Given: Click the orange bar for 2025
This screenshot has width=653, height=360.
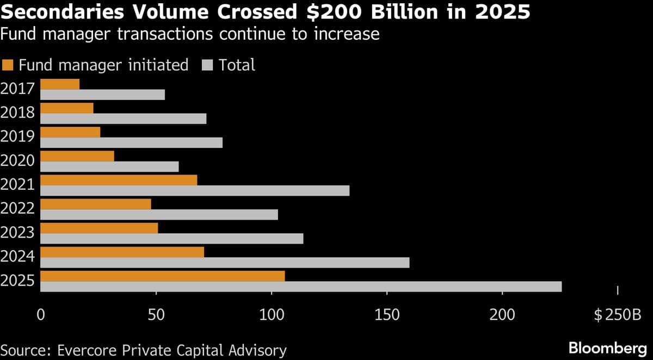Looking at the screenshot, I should click(x=162, y=276).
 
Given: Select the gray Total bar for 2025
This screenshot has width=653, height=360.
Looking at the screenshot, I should click(x=301, y=287).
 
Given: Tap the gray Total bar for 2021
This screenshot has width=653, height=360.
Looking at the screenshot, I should click(x=195, y=191).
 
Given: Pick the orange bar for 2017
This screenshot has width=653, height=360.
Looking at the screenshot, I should click(x=60, y=84).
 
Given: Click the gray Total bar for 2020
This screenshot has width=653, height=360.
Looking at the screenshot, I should click(x=109, y=167).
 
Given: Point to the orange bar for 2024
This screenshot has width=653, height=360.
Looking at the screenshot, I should click(x=122, y=252).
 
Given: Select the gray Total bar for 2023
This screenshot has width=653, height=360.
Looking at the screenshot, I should click(x=171, y=239).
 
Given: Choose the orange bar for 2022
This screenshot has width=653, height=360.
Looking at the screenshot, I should click(x=96, y=204).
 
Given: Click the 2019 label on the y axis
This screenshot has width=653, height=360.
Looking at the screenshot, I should click(x=18, y=136).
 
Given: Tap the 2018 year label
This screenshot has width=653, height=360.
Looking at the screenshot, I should click(x=18, y=113).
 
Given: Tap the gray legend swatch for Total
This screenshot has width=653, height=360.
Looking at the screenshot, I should click(x=207, y=65).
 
